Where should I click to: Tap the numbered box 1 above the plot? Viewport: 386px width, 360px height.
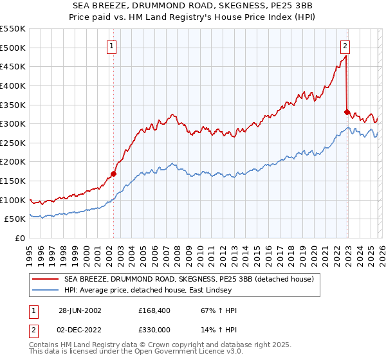(x=112, y=46)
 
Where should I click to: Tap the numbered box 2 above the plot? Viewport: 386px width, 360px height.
(x=345, y=46)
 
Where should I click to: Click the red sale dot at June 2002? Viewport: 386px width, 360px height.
(x=114, y=174)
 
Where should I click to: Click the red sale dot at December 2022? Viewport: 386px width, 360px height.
(x=347, y=112)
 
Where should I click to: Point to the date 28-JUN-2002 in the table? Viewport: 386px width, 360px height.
(x=80, y=310)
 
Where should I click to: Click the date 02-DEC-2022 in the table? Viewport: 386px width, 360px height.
(x=80, y=329)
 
